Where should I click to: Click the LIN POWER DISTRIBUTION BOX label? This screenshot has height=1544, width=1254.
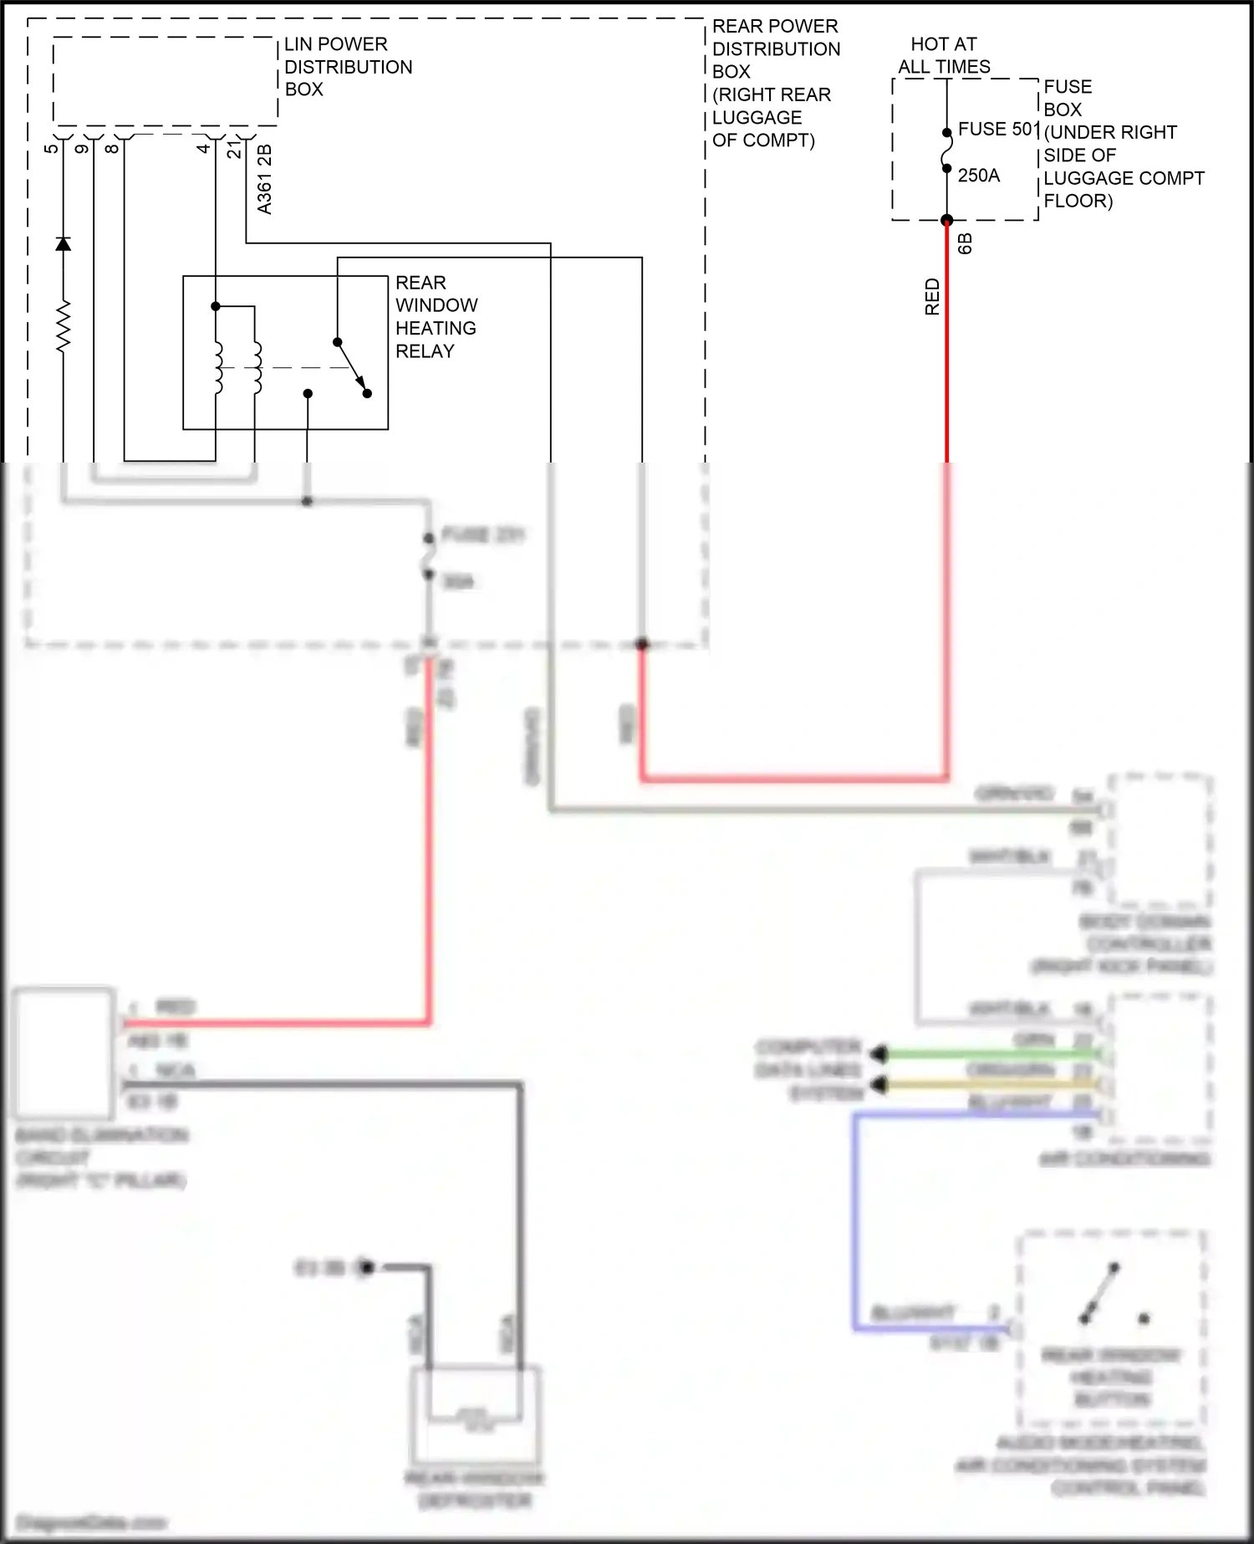348,67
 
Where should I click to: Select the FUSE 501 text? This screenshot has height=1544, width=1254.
997,130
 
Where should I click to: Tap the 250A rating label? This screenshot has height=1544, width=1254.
978,176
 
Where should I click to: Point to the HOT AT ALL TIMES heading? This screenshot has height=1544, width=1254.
944,55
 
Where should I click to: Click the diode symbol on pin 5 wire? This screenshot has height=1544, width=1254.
63,244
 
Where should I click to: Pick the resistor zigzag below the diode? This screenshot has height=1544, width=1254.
63,326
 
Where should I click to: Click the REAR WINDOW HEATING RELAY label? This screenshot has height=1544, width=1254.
436,317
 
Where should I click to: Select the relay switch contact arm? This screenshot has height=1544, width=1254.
351,367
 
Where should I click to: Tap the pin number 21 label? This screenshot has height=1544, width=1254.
235,149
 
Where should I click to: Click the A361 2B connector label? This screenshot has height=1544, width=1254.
264,180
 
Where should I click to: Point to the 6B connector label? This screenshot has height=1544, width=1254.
965,244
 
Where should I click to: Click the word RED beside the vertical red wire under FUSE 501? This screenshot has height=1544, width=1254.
932,297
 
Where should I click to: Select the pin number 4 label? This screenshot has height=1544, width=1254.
203,149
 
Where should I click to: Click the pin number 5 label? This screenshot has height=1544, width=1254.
52,149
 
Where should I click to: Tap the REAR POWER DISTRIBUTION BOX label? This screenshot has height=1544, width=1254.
774,84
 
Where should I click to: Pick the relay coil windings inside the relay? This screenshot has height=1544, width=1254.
237,367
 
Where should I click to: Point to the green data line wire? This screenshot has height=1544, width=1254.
986,1056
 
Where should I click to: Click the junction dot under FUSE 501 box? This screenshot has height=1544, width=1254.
946,221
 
